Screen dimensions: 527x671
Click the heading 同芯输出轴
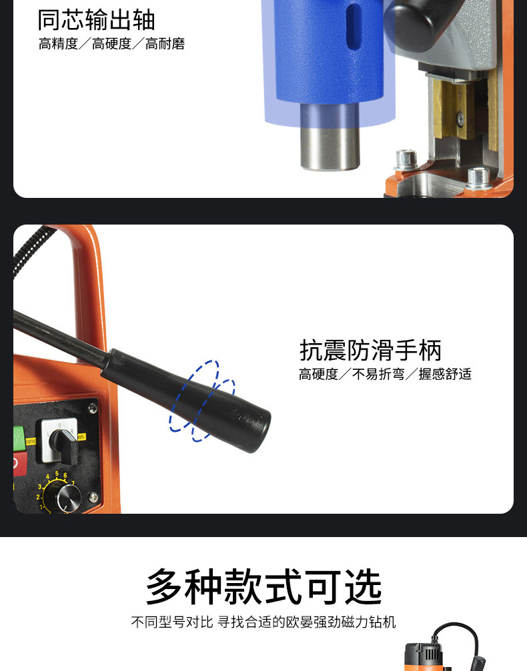tap(96, 20)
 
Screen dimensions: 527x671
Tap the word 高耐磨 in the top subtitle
tap(165, 44)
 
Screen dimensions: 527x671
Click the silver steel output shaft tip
tap(330, 145)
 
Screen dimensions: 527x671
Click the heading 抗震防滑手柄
tap(370, 350)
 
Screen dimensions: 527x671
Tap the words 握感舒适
tap(445, 374)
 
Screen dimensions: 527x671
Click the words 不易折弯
tap(378, 374)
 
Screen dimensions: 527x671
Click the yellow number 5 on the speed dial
tap(57, 474)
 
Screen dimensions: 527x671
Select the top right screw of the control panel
tap(93, 408)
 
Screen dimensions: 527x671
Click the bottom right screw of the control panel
tap(93, 497)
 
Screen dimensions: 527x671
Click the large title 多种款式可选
tap(263, 586)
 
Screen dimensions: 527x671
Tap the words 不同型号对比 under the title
tap(172, 622)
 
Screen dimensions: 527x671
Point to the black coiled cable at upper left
tap(28, 251)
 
